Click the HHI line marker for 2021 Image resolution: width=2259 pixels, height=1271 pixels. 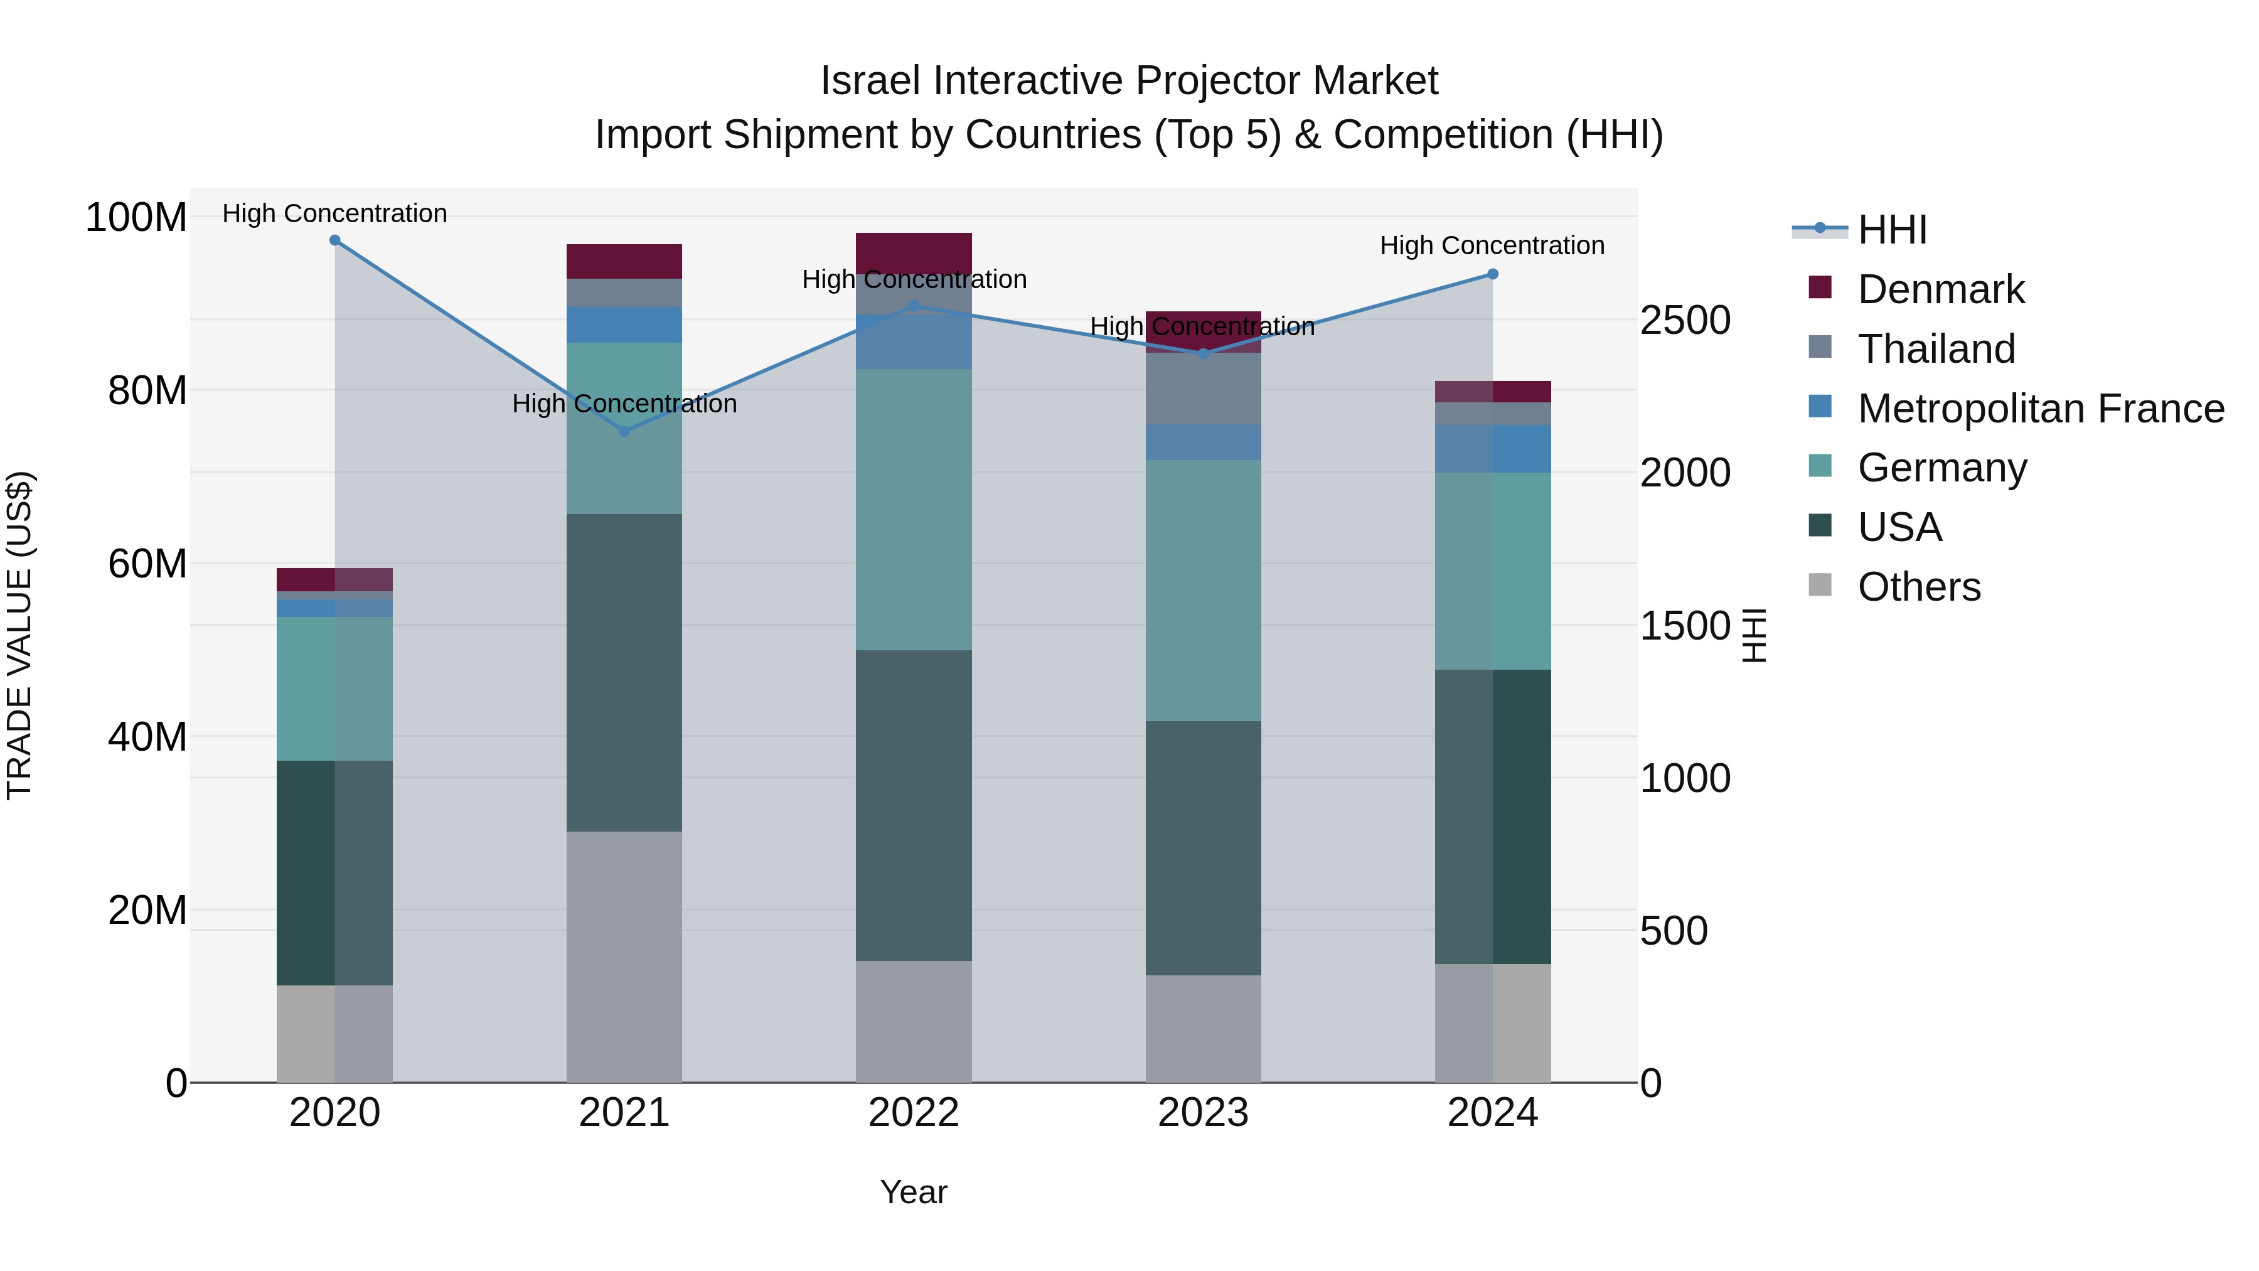[624, 431]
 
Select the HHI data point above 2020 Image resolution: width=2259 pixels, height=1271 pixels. [335, 240]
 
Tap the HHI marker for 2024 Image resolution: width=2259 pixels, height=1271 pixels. [1493, 274]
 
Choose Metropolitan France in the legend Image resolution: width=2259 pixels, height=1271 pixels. [2040, 409]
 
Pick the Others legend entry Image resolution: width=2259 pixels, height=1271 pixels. [1919, 587]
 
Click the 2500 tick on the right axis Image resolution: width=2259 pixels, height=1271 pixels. [1685, 320]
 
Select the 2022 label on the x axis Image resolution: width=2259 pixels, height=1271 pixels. [914, 1113]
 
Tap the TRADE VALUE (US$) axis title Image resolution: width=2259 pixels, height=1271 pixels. [19, 635]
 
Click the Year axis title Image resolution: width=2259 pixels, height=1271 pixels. [914, 1192]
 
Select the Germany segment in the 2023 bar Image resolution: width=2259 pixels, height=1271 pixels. [1203, 591]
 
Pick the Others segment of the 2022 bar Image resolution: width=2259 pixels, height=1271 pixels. [914, 1021]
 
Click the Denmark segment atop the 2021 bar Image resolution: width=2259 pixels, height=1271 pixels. [624, 261]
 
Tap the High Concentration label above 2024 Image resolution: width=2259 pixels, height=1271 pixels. [1493, 245]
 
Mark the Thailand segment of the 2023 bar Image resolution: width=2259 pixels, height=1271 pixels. [1203, 389]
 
